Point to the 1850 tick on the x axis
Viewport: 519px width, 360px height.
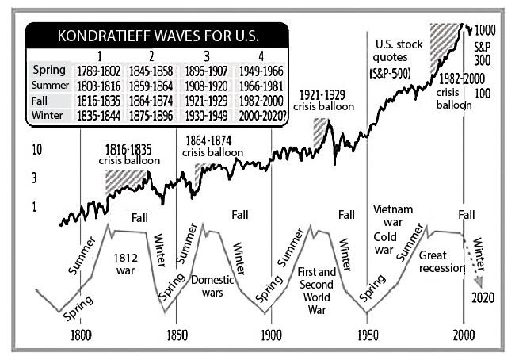click(x=176, y=324)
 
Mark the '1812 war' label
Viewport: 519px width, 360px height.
click(x=127, y=264)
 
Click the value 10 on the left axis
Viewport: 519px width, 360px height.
click(x=36, y=149)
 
